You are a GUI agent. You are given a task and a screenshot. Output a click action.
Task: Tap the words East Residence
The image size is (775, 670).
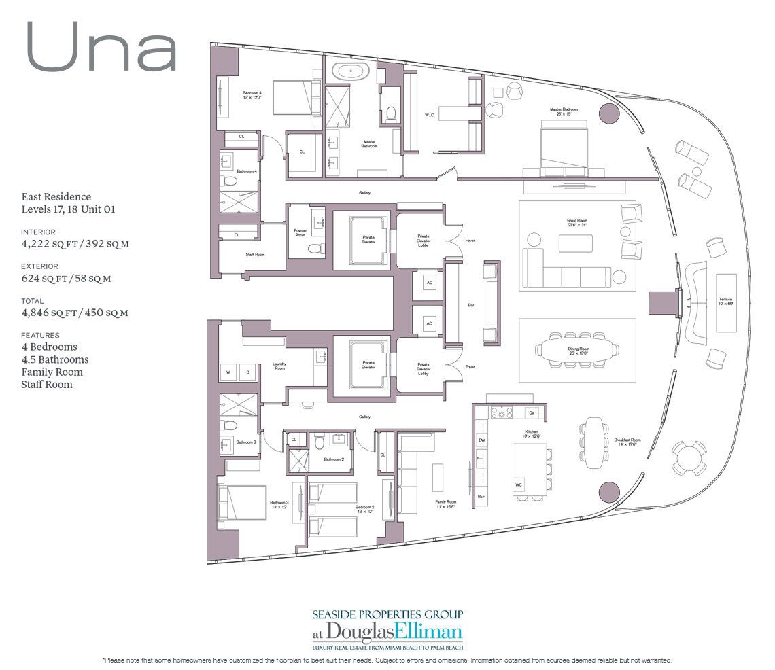(x=56, y=196)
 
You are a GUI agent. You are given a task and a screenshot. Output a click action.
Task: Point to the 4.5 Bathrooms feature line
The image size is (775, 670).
(x=55, y=359)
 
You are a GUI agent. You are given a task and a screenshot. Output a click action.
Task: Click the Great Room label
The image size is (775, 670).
(x=576, y=222)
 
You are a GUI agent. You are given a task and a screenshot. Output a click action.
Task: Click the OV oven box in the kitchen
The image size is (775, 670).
(x=532, y=412)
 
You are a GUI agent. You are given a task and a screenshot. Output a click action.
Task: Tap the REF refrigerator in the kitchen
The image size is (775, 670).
(x=481, y=497)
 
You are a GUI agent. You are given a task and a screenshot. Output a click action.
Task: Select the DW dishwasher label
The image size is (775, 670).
(x=481, y=440)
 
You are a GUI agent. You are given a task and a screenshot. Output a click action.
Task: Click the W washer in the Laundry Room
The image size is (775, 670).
(x=228, y=372)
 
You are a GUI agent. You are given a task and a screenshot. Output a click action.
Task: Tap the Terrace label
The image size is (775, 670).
(x=725, y=300)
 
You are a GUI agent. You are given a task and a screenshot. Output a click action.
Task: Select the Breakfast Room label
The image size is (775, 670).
(x=624, y=442)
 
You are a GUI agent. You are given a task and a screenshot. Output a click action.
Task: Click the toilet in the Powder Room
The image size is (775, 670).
(x=315, y=249)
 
